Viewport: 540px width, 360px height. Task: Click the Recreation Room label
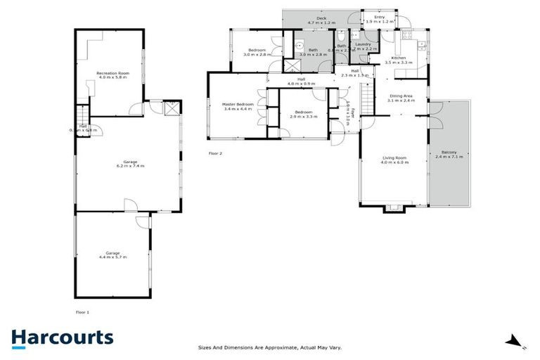(112, 74)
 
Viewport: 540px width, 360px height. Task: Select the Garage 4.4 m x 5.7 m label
(112, 254)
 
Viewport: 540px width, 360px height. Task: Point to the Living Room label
(394, 160)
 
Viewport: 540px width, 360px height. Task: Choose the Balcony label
(450, 155)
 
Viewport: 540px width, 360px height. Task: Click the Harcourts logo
(62, 337)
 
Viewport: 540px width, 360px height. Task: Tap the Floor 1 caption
(83, 311)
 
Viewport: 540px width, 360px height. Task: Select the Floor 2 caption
(216, 153)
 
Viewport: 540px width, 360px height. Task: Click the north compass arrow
(515, 342)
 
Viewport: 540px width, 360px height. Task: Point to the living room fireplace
(394, 207)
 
